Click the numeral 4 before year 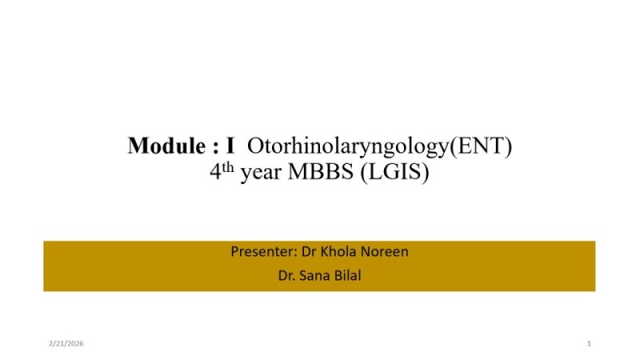coord(215,174)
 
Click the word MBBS coord(317,174)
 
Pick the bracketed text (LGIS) coord(394,174)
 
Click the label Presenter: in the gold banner coord(263,252)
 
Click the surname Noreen coord(385,252)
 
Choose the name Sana coord(316,278)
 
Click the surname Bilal coord(349,278)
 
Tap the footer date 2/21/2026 coord(66,343)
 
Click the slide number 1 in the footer coord(588,343)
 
